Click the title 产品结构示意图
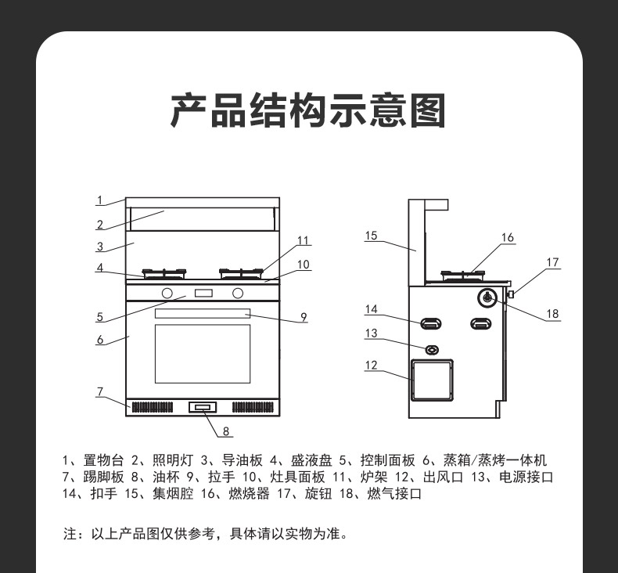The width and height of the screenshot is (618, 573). click(x=308, y=110)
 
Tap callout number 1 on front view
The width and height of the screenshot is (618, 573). click(x=100, y=199)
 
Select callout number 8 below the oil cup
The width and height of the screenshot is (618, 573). click(x=225, y=431)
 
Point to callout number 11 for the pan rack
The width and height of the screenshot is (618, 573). click(x=304, y=240)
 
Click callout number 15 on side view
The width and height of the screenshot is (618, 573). click(x=371, y=235)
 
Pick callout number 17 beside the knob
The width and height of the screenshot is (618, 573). click(x=552, y=262)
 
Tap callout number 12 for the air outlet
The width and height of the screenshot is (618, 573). click(x=371, y=365)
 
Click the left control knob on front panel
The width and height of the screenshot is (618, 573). click(x=167, y=294)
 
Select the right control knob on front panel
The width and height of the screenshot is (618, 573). click(x=238, y=294)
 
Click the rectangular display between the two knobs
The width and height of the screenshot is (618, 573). click(x=203, y=294)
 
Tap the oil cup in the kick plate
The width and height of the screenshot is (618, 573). click(x=202, y=407)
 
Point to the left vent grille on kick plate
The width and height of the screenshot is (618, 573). click(x=152, y=407)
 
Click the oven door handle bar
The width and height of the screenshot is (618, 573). click(x=202, y=313)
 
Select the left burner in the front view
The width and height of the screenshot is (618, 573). click(x=165, y=274)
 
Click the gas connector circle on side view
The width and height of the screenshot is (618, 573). click(x=487, y=297)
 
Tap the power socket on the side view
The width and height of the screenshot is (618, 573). click(x=431, y=348)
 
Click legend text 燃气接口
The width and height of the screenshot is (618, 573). click(x=395, y=494)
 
